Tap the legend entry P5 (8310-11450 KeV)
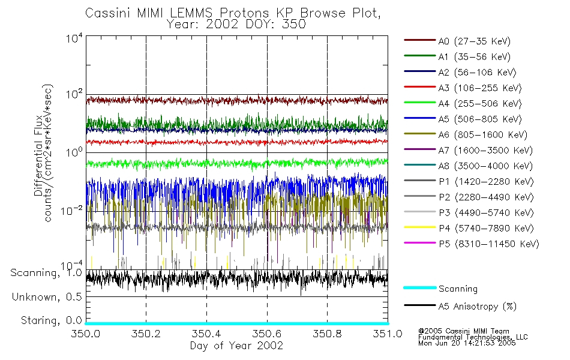[488, 244]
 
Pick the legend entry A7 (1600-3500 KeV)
[484, 151]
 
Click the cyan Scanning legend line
[419, 289]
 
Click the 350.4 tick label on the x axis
[206, 334]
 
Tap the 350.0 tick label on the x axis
[85, 334]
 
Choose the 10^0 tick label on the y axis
[73, 152]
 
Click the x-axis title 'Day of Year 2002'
[236, 346]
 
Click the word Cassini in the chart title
[106, 13]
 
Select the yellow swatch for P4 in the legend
[419, 229]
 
